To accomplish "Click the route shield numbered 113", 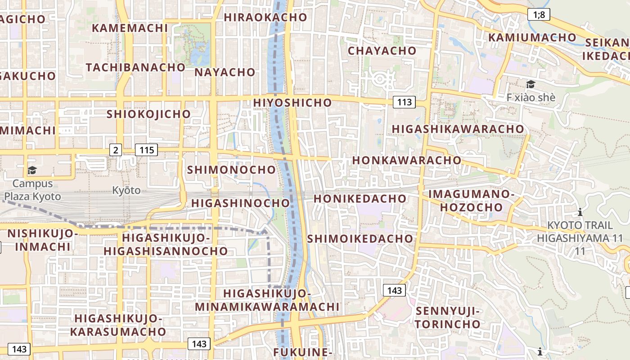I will tap(405, 102).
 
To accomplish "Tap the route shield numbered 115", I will tap(147, 150).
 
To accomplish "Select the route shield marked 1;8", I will tap(539, 15).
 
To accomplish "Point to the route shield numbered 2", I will tap(116, 150).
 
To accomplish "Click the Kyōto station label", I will tap(126, 190).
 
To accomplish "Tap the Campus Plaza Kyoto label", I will tap(32, 190).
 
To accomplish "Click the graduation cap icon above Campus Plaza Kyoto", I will tap(32, 170).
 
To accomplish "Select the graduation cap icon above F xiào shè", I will tap(531, 84).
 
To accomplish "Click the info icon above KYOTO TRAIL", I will tap(580, 212).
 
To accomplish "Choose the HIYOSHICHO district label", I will tap(292, 103).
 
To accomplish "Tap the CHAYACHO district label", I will tap(382, 51).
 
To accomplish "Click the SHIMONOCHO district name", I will tap(231, 170).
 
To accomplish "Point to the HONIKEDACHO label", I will tap(360, 198).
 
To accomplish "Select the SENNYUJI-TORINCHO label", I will tap(448, 317).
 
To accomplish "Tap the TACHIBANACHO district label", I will tap(135, 67).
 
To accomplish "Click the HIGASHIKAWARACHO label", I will tap(458, 129).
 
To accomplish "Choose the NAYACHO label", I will tap(225, 72).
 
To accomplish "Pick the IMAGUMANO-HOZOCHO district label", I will tap(471, 201).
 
